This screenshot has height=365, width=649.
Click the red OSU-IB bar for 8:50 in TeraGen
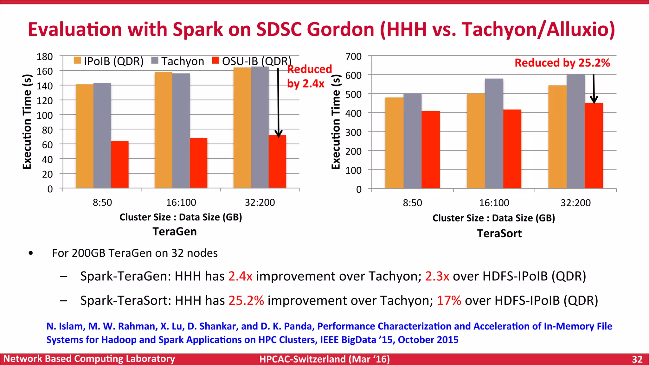[x=120, y=164]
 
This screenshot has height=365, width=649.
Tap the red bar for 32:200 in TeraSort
[x=594, y=145]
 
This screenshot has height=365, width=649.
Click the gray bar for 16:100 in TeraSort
[x=494, y=133]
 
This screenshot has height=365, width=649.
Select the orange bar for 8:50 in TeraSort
[x=394, y=143]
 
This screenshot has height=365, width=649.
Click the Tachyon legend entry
[x=178, y=61]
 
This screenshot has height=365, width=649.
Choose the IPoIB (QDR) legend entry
[x=109, y=61]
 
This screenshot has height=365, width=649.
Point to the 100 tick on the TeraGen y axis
[x=45, y=115]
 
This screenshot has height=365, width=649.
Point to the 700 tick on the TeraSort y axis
[x=354, y=57]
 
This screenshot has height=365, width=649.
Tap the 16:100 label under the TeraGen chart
[x=181, y=202]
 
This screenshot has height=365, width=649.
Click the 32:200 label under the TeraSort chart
[x=575, y=203]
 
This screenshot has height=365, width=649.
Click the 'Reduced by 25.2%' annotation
[x=562, y=63]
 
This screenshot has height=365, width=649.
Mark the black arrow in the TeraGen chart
[x=278, y=101]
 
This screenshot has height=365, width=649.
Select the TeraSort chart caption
[x=499, y=234]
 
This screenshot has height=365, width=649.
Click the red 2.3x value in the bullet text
[x=437, y=276]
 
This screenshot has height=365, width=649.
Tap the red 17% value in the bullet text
[x=449, y=300]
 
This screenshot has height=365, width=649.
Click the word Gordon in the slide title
[x=341, y=29]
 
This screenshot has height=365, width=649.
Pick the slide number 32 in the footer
[x=637, y=359]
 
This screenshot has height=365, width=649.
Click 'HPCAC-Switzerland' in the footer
[x=302, y=359]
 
